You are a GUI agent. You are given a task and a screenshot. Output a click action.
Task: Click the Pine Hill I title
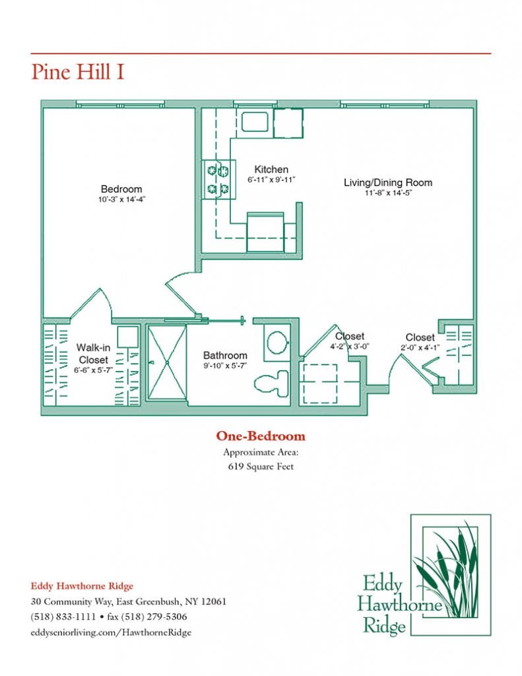78,72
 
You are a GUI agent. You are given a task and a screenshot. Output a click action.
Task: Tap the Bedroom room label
121,189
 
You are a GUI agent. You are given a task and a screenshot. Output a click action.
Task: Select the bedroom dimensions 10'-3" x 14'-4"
121,199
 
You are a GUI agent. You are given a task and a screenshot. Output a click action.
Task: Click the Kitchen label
271,170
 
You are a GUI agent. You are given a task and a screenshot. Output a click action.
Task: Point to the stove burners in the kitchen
219,180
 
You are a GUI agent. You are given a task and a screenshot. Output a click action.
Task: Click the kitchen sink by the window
253,122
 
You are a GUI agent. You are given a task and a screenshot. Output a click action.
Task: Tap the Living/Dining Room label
388,182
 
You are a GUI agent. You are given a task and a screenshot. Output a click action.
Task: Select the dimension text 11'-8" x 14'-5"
388,193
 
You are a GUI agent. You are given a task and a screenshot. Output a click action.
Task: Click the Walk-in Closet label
92,354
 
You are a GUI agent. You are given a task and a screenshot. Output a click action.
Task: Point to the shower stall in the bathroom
166,362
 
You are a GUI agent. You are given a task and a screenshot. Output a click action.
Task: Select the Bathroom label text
225,355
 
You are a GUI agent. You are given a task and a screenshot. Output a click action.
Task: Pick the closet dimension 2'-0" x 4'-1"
420,347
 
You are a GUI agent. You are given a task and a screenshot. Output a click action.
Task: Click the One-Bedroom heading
261,436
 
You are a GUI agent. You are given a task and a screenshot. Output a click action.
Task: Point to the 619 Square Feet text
261,467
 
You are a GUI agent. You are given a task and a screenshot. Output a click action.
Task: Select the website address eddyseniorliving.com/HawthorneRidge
111,632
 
